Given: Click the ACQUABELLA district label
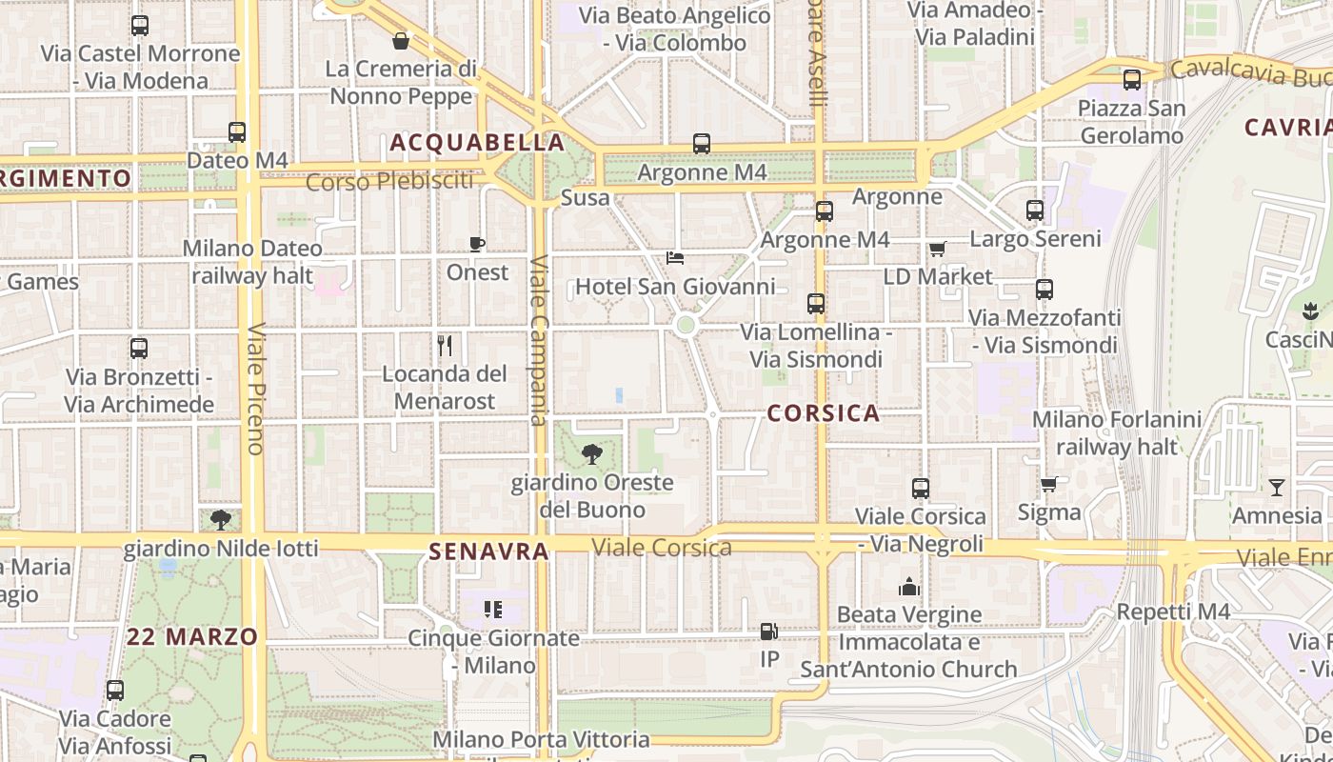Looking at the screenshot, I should pyautogui.click(x=477, y=143).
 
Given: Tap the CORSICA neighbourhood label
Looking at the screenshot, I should pyautogui.click(x=823, y=413).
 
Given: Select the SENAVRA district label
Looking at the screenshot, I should pyautogui.click(x=488, y=551).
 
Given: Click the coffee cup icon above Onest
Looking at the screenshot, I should pyautogui.click(x=477, y=245).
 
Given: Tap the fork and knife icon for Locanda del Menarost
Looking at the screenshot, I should pyautogui.click(x=444, y=345).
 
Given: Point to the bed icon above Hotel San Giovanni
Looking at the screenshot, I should pyautogui.click(x=675, y=258).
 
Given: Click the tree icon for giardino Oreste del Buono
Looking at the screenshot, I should pyautogui.click(x=592, y=454).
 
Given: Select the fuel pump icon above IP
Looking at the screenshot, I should pyautogui.click(x=768, y=631).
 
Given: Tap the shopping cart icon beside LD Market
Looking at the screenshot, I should pyautogui.click(x=938, y=250).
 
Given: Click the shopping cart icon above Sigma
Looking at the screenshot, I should pyautogui.click(x=1049, y=485).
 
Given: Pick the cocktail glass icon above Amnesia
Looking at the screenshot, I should pyautogui.click(x=1277, y=488).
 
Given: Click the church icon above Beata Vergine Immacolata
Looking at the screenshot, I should pyautogui.click(x=909, y=587).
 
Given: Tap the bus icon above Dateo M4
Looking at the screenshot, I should pyautogui.click(x=237, y=132).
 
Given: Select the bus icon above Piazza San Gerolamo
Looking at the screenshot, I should pyautogui.click(x=1132, y=80).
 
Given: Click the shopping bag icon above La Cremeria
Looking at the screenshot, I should pyautogui.click(x=401, y=41).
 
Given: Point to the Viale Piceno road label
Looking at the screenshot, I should pyautogui.click(x=255, y=389).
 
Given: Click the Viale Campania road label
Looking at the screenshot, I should pyautogui.click(x=539, y=340).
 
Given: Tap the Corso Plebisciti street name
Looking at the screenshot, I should pyautogui.click(x=389, y=181).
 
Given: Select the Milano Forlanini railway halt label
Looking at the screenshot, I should pyautogui.click(x=1116, y=432).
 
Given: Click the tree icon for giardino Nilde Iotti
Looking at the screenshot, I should pyautogui.click(x=221, y=519).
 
